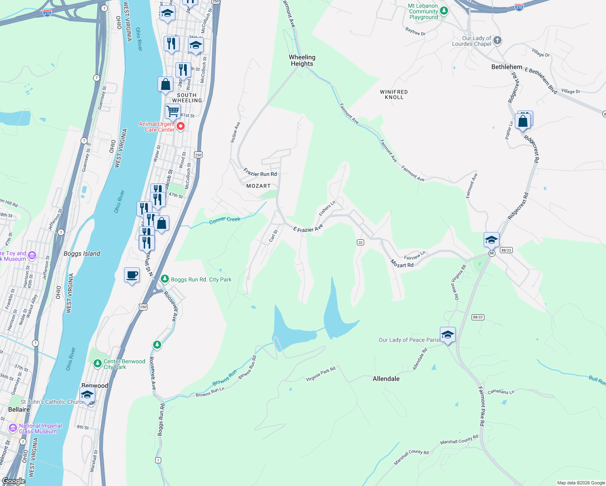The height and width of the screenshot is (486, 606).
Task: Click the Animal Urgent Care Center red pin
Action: point(181,126)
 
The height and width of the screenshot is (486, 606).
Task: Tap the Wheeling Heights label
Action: point(302,60)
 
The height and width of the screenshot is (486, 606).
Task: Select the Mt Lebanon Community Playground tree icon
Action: point(444,11)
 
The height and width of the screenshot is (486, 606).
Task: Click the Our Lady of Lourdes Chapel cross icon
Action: point(497,40)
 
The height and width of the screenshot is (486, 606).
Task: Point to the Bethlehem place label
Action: point(506,67)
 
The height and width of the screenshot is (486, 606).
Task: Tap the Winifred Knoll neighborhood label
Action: point(394,94)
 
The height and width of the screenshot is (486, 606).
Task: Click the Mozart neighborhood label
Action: point(258,186)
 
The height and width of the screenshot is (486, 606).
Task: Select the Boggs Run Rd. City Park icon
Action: point(164,279)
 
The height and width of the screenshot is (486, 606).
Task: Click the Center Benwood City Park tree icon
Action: point(97,363)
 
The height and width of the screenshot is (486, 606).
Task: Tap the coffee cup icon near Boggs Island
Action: point(132,275)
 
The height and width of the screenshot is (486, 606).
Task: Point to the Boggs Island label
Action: point(82,254)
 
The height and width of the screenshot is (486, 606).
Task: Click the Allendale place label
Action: point(386,379)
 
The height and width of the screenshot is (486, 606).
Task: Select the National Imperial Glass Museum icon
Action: point(13,428)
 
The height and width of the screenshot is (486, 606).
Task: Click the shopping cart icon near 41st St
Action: point(173,110)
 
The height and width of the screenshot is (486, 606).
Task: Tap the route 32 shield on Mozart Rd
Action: point(360,242)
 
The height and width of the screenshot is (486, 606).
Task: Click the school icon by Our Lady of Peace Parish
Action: point(447,335)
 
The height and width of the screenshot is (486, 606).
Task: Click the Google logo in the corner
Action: point(13,481)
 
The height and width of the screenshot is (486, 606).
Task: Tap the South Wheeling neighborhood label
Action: point(187,98)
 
